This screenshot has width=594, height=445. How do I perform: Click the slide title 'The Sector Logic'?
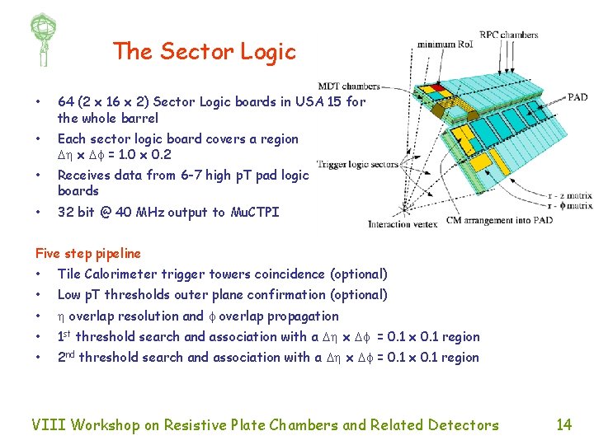pos(204,52)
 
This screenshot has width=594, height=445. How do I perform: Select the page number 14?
pos(563,424)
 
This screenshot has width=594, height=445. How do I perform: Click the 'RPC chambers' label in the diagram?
pos(509,35)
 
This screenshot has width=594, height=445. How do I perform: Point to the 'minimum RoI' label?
pos(445,44)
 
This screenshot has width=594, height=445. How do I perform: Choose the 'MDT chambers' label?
pos(349,85)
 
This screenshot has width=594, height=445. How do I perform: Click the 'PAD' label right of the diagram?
pos(577,97)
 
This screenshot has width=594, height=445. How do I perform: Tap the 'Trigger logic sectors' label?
pos(357,164)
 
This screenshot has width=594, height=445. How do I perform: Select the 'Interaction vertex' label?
pos(402,224)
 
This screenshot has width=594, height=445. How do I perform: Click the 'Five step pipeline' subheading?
pos(88,254)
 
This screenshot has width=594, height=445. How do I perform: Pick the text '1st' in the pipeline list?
pos(64,336)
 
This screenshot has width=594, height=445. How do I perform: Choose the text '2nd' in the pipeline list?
pos(66,357)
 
